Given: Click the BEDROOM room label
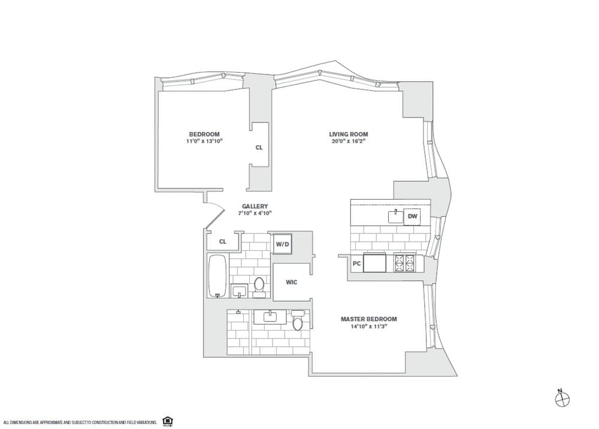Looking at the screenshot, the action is pyautogui.click(x=204, y=134).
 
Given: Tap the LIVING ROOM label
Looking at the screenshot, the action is pyautogui.click(x=349, y=134).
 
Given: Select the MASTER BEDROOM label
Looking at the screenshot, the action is pyautogui.click(x=368, y=319).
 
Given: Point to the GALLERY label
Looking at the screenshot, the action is pyautogui.click(x=255, y=206).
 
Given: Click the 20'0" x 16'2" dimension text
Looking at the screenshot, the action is pyautogui.click(x=349, y=141).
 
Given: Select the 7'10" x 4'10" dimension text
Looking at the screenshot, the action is pyautogui.click(x=255, y=213).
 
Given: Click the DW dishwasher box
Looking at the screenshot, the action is pyautogui.click(x=412, y=217).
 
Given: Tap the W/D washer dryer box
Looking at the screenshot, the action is pyautogui.click(x=283, y=244).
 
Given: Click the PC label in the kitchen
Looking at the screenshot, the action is pyautogui.click(x=357, y=263).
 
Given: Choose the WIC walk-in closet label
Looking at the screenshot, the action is pyautogui.click(x=292, y=283).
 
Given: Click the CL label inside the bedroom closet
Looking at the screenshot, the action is pyautogui.click(x=259, y=148).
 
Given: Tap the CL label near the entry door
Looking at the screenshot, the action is pyautogui.click(x=223, y=242).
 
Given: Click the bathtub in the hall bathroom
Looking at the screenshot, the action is pyautogui.click(x=218, y=275).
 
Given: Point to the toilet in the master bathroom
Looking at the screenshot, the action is pyautogui.click(x=297, y=320).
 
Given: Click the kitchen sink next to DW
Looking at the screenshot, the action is pyautogui.click(x=395, y=217).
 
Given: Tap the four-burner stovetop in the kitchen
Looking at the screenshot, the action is pyautogui.click(x=405, y=263).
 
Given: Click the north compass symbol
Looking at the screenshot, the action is pyautogui.click(x=562, y=399).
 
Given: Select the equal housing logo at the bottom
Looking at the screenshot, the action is pyautogui.click(x=167, y=421).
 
